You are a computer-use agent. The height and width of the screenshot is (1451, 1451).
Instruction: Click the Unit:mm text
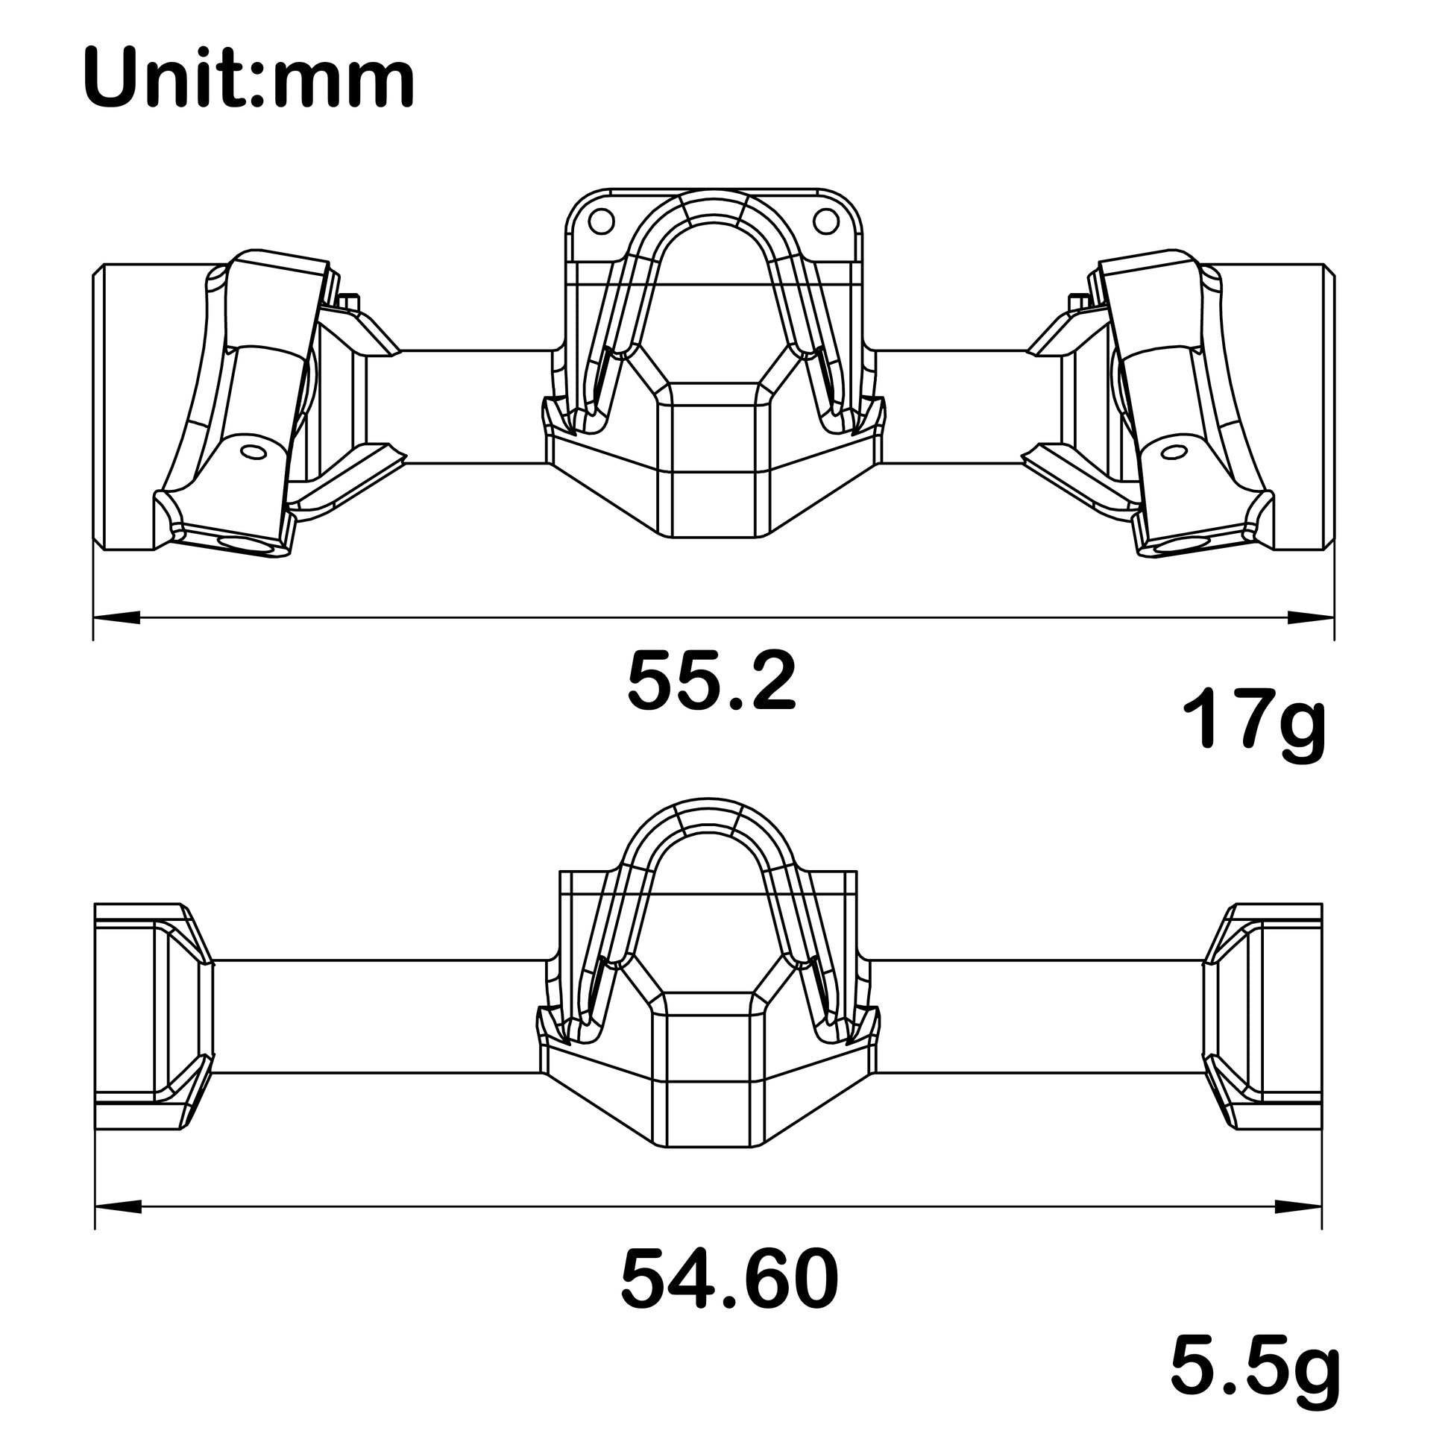[248, 79]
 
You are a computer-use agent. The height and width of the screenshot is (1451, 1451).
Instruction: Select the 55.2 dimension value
[711, 682]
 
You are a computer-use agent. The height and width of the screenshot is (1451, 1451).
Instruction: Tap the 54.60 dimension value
[728, 1279]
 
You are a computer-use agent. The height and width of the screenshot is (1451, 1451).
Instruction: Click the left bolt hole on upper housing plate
[602, 221]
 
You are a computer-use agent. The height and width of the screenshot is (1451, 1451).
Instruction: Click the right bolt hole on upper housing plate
[825, 221]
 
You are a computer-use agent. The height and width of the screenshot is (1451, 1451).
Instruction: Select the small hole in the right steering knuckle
[1173, 451]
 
